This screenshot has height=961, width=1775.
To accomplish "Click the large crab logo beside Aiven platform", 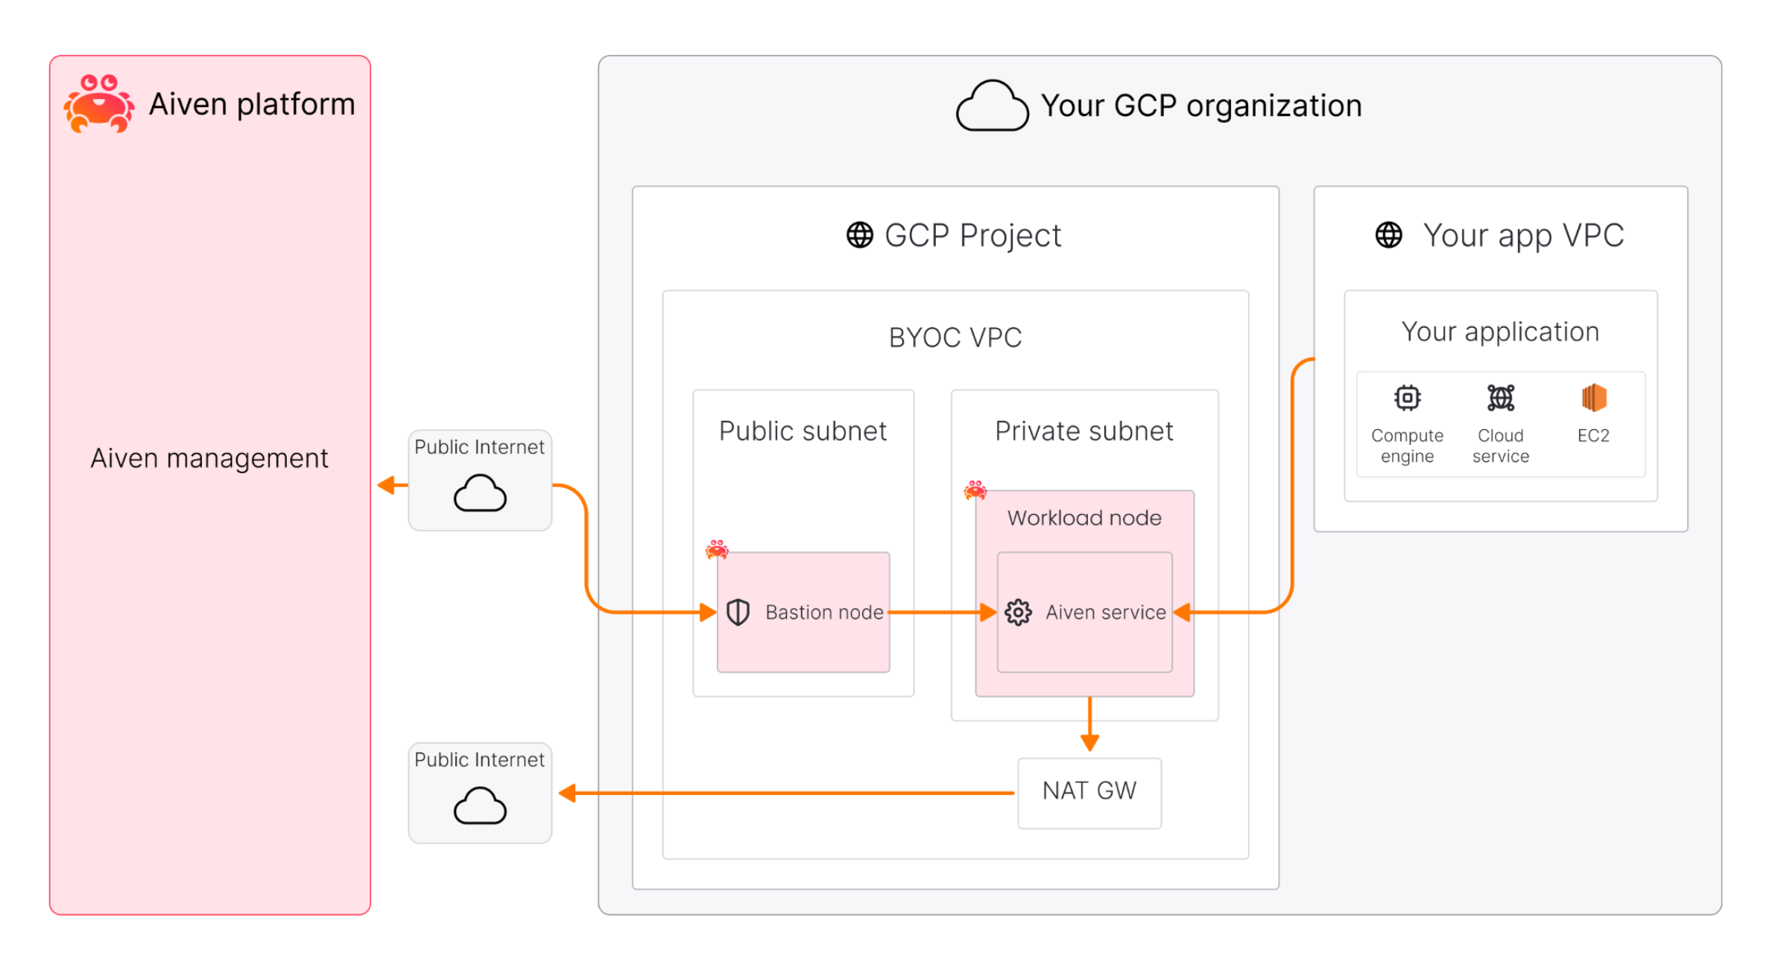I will click(x=99, y=104).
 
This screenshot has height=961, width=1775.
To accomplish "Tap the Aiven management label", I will click(x=209, y=458).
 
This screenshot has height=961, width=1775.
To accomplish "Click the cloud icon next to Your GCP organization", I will click(x=992, y=107).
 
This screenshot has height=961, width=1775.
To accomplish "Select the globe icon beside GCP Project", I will click(x=859, y=235).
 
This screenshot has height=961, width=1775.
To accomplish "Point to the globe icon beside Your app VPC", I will click(x=1388, y=235).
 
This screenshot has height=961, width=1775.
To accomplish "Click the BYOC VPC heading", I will click(x=955, y=337).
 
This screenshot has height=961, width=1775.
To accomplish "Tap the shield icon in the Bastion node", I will click(x=737, y=612).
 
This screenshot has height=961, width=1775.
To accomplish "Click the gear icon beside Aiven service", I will click(x=1017, y=612).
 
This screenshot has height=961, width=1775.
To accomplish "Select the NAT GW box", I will click(x=1089, y=792).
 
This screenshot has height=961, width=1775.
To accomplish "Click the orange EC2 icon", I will click(x=1593, y=398).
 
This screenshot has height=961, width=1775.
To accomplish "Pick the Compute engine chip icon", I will click(x=1406, y=398).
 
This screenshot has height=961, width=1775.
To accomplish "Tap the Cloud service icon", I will click(x=1500, y=398).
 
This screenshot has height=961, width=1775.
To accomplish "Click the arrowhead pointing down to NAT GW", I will click(x=1089, y=742).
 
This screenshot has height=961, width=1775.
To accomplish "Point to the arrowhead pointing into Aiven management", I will click(x=386, y=486).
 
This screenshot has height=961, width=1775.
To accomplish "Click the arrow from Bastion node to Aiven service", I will click(x=943, y=612).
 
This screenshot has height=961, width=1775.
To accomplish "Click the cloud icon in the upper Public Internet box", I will click(x=480, y=493).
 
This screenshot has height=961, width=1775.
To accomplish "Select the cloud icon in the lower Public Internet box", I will click(x=480, y=806).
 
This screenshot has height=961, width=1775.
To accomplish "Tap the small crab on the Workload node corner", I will click(x=975, y=490).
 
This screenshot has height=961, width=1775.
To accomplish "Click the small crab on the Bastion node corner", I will click(x=717, y=550).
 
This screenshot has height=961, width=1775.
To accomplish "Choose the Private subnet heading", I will click(x=1083, y=431).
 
